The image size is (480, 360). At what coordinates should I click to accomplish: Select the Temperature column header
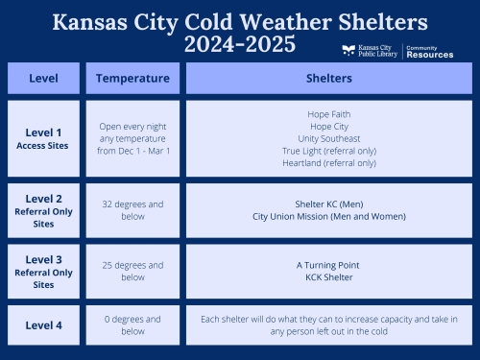[132, 78]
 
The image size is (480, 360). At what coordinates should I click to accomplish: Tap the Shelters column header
[328, 78]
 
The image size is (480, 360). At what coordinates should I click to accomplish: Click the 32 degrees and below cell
[132, 210]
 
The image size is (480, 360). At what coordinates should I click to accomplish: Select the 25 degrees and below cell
[132, 271]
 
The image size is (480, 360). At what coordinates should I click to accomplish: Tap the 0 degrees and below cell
[132, 325]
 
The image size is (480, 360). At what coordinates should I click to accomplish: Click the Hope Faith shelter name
[328, 114]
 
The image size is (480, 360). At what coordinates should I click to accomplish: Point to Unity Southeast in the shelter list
[328, 138]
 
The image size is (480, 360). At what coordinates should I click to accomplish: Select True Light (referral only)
[328, 151]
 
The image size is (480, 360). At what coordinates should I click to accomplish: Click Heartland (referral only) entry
[328, 163]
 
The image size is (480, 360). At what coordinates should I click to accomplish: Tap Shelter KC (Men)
[328, 204]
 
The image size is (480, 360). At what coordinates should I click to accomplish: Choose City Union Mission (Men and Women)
[328, 216]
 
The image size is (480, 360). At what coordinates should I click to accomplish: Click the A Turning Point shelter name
[328, 264]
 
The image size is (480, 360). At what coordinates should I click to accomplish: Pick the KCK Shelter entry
[328, 276]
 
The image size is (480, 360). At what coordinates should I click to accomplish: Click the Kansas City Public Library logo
[371, 51]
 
